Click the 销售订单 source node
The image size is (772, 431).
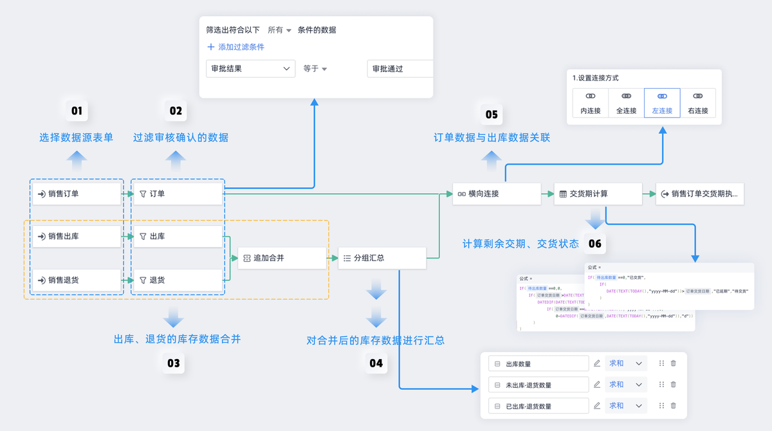77,194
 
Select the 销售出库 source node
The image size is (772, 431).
77,237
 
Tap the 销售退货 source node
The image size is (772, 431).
77,280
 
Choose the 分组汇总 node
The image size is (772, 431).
382,258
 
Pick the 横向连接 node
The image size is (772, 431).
496,194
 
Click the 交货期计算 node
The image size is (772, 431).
598,194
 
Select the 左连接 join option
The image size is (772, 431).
662,103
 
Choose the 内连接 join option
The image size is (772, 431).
590,103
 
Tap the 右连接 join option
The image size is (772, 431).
697,103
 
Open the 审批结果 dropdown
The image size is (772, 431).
250,69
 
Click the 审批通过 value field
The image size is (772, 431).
400,69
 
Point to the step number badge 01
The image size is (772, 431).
77,111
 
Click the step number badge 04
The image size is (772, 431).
376,363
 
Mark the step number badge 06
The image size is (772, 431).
595,244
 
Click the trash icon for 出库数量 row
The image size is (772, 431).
674,363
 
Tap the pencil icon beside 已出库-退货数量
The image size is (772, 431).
597,405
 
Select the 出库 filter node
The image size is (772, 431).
177,237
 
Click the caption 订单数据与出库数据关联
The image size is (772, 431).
492,138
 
